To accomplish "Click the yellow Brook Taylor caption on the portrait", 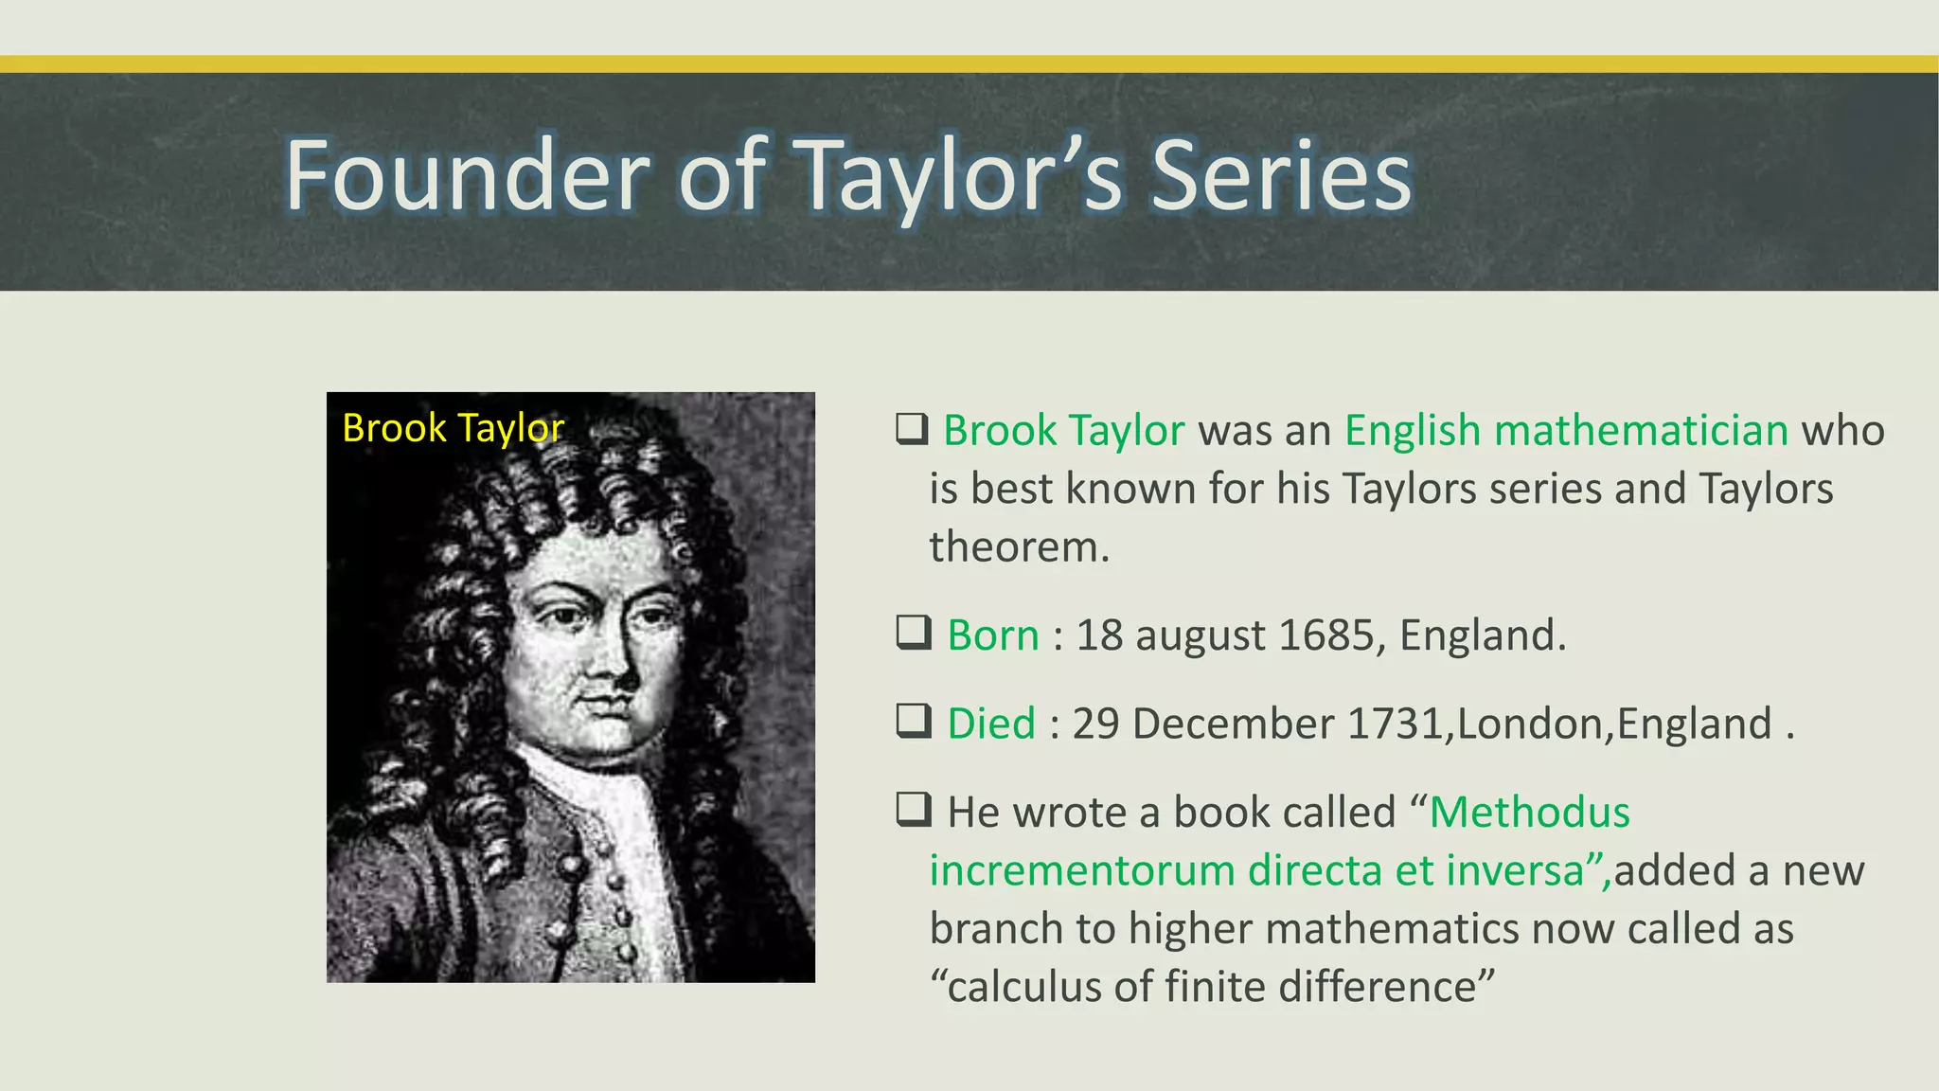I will [453, 428].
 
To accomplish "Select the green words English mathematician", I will [1566, 431].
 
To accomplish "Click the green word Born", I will [993, 635].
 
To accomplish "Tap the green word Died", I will [991, 724].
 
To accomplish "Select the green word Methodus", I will [1530, 813].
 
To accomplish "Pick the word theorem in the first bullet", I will [1019, 547].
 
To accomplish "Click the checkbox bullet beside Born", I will [914, 633].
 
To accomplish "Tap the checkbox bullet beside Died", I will [914, 722].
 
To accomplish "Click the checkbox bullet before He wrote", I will [914, 810].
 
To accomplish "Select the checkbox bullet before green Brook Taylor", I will [912, 429].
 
